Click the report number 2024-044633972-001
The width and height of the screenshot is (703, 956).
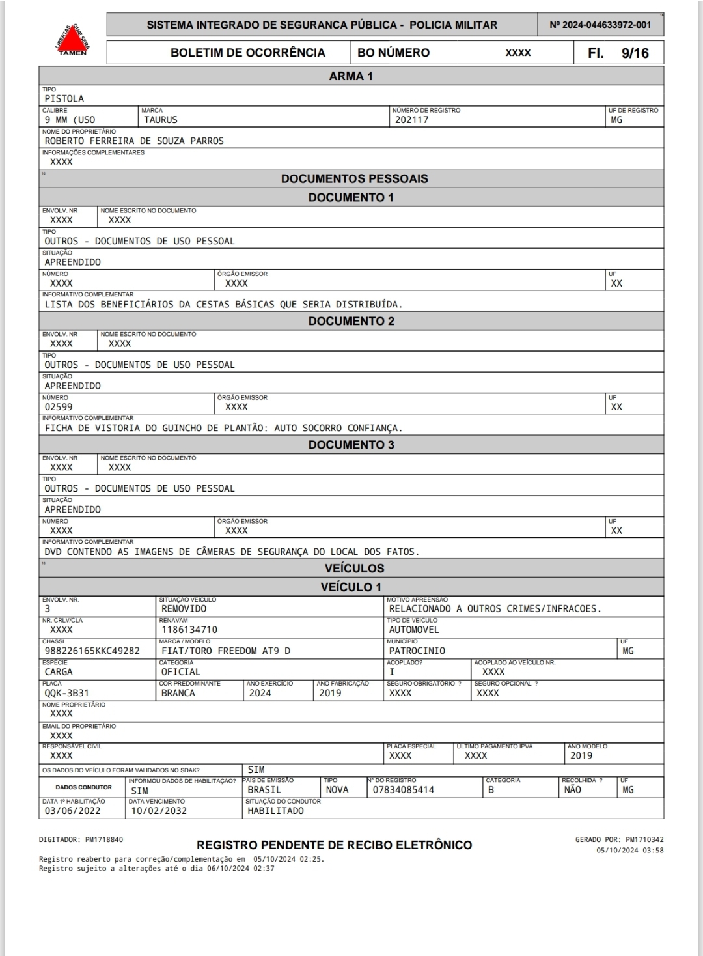coord(600,25)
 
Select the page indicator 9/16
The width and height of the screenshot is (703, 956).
coord(635,53)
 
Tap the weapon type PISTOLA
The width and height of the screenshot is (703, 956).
coord(64,99)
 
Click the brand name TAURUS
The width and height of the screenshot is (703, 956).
coord(160,120)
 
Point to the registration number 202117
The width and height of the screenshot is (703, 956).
coord(411,120)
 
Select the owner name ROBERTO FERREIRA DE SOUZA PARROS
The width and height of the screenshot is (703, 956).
coord(134,141)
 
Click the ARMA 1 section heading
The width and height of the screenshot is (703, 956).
coord(351,76)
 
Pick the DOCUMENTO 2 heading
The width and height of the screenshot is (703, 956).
coord(351,321)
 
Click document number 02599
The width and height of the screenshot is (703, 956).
coord(59,407)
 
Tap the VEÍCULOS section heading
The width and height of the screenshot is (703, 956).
coord(354,569)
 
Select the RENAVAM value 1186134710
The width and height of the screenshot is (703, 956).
coord(189,630)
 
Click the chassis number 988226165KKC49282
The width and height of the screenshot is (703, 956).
coord(92,651)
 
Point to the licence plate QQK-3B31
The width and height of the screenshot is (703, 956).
coord(66,693)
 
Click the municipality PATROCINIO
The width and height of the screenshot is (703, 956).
coord(417,651)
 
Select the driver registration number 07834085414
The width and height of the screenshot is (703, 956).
coord(403,790)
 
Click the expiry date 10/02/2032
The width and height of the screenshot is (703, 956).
coord(159,811)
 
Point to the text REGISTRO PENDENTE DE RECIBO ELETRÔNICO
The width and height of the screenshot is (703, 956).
coord(334,845)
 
